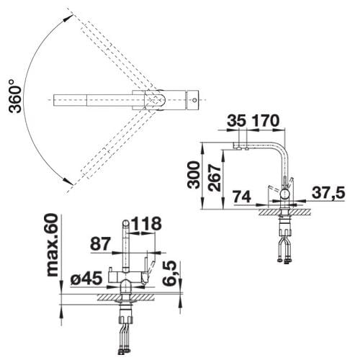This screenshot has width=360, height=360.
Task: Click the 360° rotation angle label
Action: click(x=15, y=96)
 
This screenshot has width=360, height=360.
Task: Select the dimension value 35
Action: click(x=237, y=121)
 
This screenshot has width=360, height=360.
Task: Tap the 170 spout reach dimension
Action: click(x=266, y=121)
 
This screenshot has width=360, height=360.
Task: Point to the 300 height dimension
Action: click(x=194, y=175)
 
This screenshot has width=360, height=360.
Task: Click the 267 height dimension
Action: click(x=215, y=178)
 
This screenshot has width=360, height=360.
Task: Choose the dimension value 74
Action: click(x=242, y=197)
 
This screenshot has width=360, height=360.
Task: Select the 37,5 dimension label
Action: click(x=328, y=192)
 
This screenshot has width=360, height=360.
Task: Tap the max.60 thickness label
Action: click(x=52, y=246)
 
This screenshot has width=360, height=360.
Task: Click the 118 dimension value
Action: click(x=147, y=224)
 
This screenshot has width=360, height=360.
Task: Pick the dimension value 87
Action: click(x=100, y=244)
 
